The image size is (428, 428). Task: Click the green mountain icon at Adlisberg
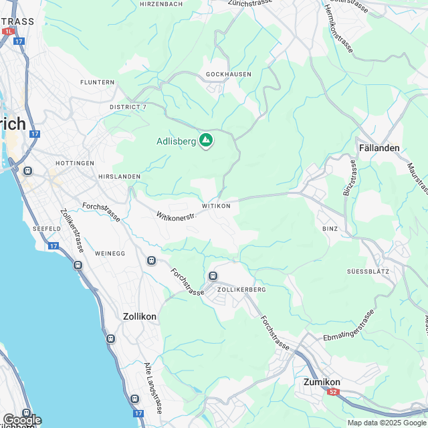tap(207, 140)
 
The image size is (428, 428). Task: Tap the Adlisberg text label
tap(176, 141)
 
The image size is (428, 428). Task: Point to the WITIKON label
tap(215, 206)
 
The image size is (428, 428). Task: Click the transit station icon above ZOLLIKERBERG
tap(213, 276)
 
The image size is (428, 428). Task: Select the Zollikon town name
tap(140, 316)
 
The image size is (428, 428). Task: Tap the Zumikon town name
tap(318, 382)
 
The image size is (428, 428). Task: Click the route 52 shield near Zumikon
tap(333, 392)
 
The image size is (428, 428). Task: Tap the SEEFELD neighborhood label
tap(47, 229)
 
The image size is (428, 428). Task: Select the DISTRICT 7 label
tap(128, 107)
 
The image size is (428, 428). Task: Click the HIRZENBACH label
tap(160, 4)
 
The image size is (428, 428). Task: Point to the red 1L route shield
tap(8, 31)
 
